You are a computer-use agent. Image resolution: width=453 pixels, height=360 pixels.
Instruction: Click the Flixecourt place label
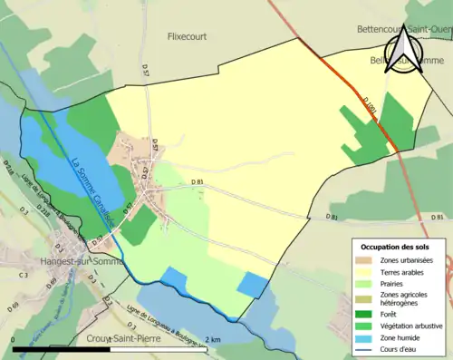coord(188,37)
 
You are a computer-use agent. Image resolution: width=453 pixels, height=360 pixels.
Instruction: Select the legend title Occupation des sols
coord(396,247)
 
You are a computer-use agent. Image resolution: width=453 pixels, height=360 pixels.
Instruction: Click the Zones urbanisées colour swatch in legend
coord(366,261)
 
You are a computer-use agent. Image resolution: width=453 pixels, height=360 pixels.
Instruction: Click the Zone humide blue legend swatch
coord(366,340)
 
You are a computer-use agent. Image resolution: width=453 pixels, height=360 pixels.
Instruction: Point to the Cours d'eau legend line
coord(366,353)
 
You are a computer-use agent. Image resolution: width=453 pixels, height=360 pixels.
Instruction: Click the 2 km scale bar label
coord(212,339)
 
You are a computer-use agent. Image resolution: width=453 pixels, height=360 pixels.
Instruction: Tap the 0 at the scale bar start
coord(14,339)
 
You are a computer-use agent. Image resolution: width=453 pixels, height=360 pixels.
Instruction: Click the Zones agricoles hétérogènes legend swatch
coord(366,299)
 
